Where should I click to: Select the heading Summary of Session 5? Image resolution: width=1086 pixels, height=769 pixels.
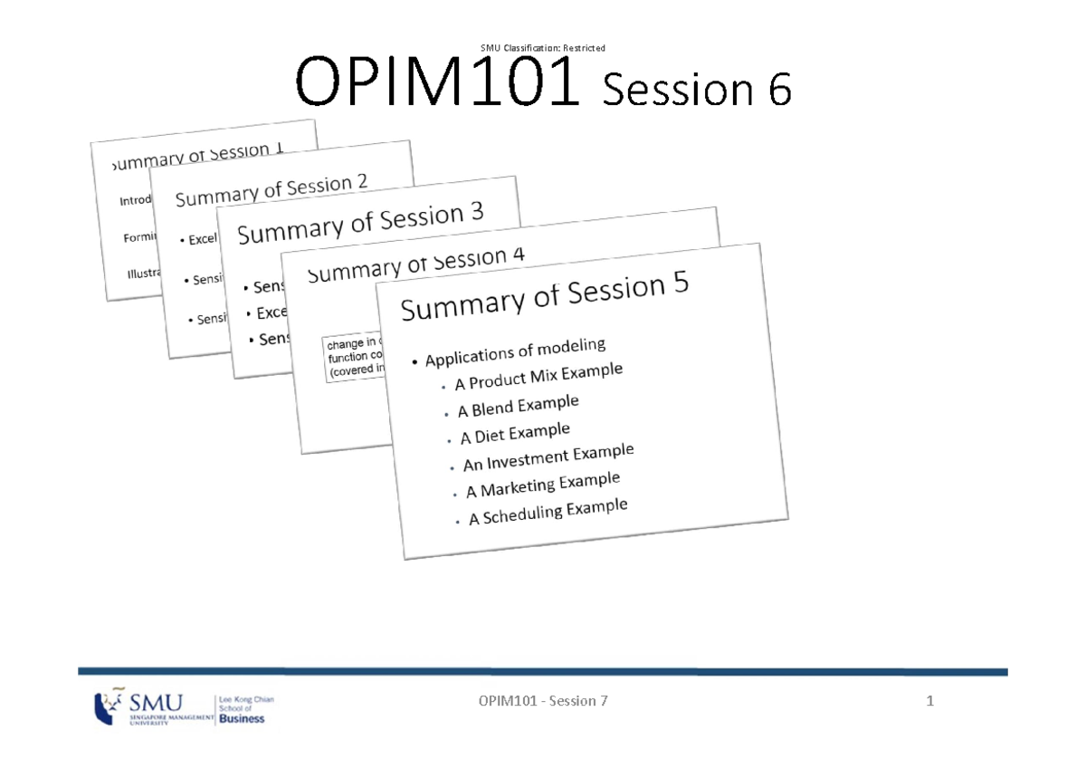545,296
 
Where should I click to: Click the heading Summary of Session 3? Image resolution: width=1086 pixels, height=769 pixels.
360,223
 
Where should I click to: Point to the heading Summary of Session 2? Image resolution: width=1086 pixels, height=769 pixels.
271,190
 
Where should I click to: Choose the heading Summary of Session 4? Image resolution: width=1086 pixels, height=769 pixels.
415,264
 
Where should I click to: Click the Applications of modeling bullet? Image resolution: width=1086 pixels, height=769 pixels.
515,353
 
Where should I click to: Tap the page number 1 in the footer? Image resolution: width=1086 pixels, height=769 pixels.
929,701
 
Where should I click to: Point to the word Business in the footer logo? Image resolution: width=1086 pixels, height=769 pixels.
243,718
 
